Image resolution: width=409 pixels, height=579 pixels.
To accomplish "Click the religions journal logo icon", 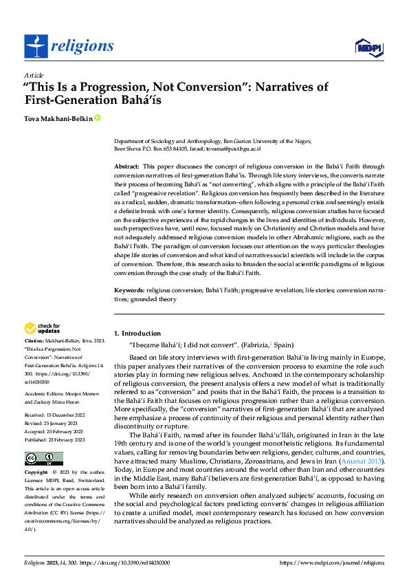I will (x=34, y=47).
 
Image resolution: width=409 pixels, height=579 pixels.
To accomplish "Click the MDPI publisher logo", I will (x=368, y=47).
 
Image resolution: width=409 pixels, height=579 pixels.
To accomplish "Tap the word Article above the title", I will (x=34, y=75).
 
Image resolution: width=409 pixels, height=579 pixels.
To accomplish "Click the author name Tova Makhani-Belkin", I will (x=58, y=118).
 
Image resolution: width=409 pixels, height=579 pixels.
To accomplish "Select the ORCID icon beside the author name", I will (x=98, y=118).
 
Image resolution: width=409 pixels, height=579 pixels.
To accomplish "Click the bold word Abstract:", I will (x=126, y=167).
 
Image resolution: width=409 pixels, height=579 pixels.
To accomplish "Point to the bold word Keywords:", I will (x=129, y=291).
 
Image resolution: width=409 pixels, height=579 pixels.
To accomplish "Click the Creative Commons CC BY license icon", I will (x=44, y=459).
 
